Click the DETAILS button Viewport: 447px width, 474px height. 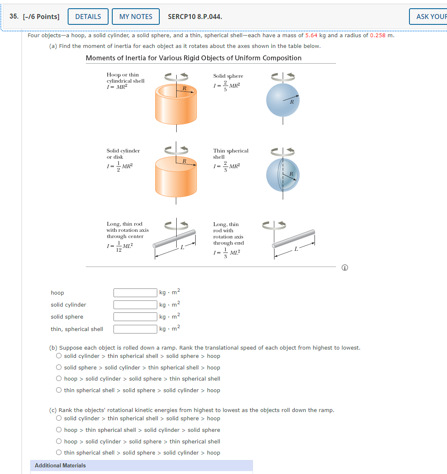click(88, 17)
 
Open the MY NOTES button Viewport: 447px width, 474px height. click(136, 17)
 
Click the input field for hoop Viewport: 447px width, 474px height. click(135, 293)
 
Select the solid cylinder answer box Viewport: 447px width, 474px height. click(135, 305)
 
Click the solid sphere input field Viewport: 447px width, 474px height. click(135, 317)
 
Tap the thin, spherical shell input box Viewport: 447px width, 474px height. click(135, 329)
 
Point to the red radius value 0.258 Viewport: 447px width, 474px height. click(378, 35)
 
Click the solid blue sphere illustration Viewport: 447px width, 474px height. click(283, 100)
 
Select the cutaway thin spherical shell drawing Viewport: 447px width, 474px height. click(283, 175)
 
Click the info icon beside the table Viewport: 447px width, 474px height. click(345, 268)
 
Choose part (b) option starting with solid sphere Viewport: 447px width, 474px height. click(59, 367)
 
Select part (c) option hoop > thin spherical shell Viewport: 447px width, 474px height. click(59, 430)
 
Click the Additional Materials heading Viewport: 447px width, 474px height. click(60, 465)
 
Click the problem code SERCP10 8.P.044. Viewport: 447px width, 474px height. click(195, 17)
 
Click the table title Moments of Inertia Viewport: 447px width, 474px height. click(194, 58)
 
